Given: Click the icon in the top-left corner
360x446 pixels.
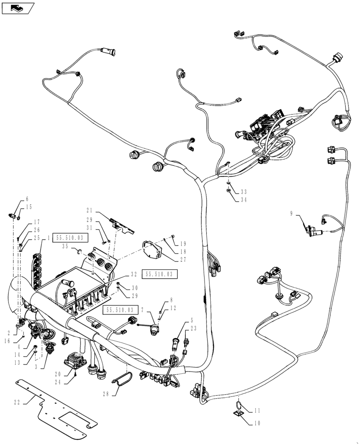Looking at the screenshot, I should pyautogui.click(x=18, y=7).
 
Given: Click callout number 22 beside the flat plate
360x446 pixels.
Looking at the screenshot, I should pyautogui.click(x=16, y=402).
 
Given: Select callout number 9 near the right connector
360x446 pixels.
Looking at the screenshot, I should pyautogui.click(x=291, y=214).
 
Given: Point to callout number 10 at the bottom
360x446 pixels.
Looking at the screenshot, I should pyautogui.click(x=257, y=423).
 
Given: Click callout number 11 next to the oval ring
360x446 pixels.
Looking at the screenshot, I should pyautogui.click(x=257, y=411).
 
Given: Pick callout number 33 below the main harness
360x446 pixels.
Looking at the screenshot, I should pyautogui.click(x=243, y=192).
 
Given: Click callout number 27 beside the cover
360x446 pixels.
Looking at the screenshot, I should pyautogui.click(x=183, y=260).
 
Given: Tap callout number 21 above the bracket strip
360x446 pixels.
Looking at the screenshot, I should pyautogui.click(x=89, y=210).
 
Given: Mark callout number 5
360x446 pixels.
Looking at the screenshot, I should pyautogui.click(x=192, y=320).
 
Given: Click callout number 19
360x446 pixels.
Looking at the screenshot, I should pyautogui.click(x=183, y=244).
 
